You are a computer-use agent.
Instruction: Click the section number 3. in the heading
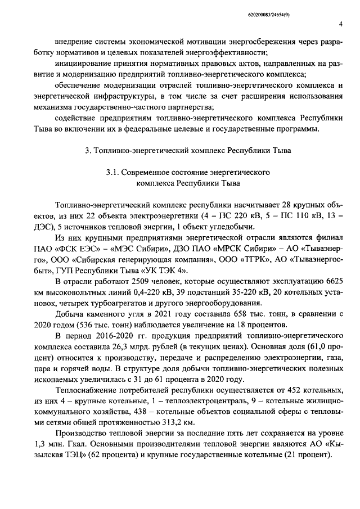[87, 151]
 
